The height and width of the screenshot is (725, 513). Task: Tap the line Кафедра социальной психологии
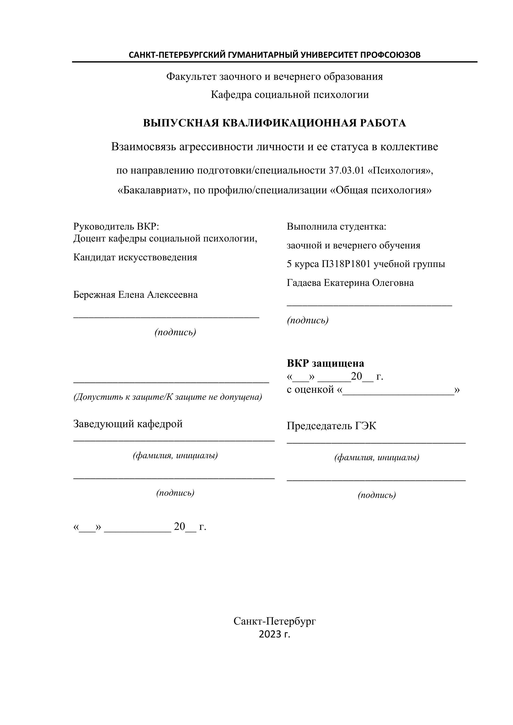pos(290,95)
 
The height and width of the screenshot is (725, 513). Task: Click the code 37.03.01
pos(347,171)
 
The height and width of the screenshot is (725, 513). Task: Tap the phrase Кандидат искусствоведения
pos(135,257)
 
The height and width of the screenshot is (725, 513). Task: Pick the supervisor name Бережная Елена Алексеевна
pos(135,295)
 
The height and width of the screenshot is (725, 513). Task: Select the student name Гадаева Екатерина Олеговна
pos(350,283)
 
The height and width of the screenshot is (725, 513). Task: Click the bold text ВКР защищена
pos(325,363)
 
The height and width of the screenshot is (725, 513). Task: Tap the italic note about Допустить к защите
pos(168,397)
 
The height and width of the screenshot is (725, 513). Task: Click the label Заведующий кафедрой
pos(128,424)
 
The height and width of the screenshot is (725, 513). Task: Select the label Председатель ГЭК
pos(331,426)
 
